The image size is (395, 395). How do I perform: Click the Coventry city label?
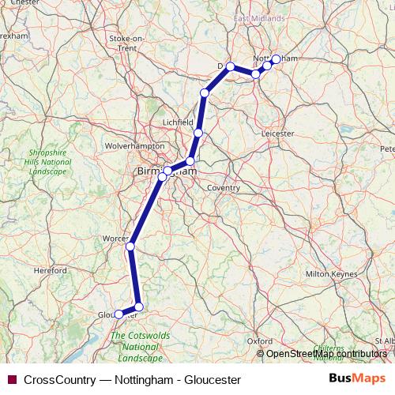click(x=223, y=188)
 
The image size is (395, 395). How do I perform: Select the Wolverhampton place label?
click(x=135, y=145)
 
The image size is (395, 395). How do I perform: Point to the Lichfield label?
click(x=178, y=123)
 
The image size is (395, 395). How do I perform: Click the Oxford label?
click(x=261, y=340)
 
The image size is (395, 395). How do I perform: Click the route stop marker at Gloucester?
click(x=119, y=314)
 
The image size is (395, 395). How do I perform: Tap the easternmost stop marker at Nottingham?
click(x=276, y=58)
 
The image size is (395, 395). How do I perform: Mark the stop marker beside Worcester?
click(x=130, y=246)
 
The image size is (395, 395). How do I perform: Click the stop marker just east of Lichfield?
click(x=198, y=133)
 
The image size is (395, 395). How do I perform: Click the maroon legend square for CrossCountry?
click(x=11, y=379)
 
